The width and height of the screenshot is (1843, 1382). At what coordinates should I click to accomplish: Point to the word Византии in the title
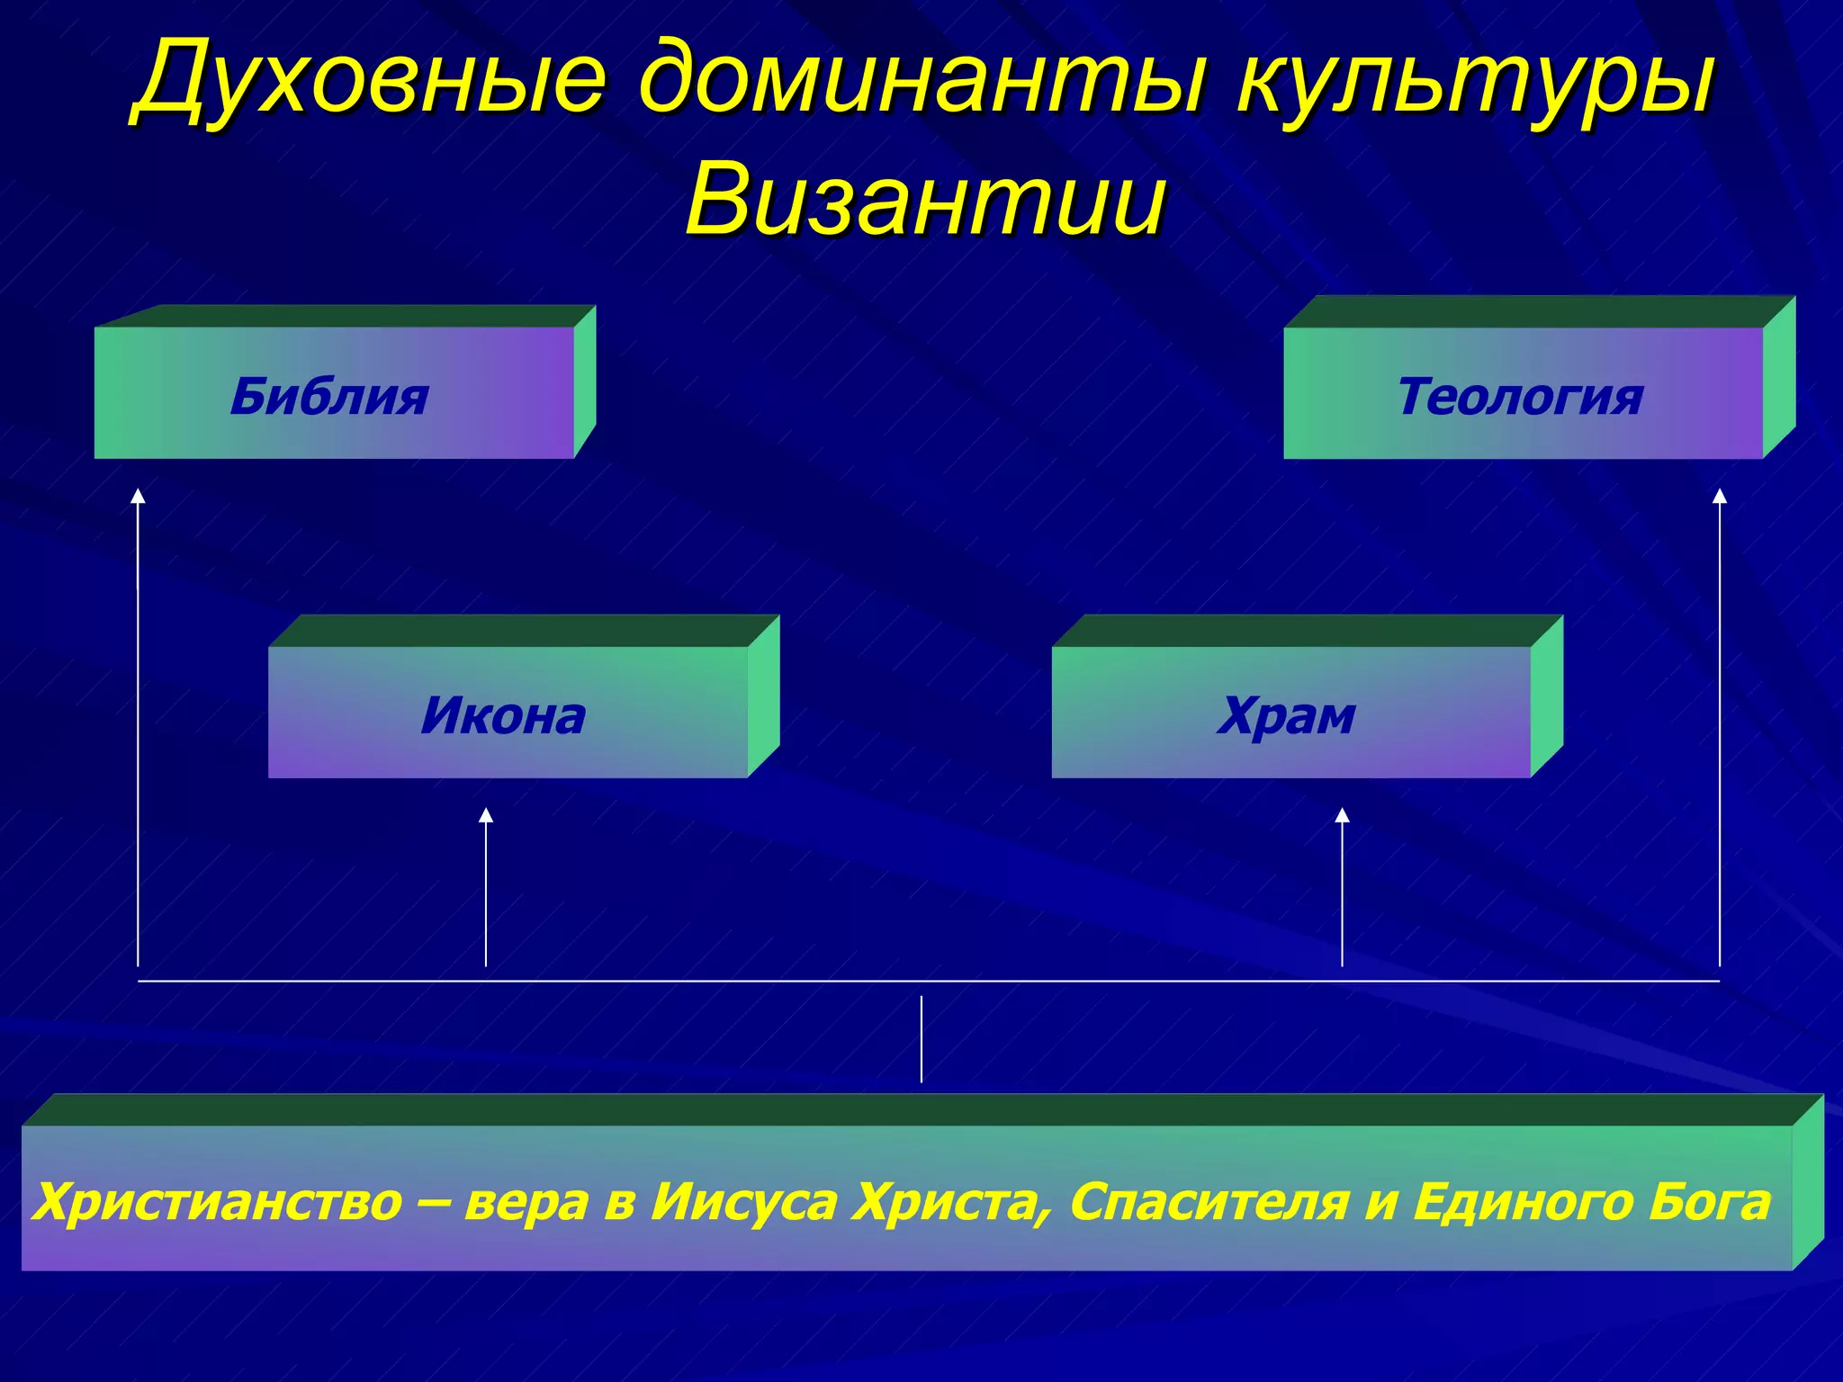click(925, 200)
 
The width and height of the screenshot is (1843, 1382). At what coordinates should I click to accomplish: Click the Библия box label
click(329, 397)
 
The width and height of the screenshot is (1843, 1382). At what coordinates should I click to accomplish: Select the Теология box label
click(1519, 397)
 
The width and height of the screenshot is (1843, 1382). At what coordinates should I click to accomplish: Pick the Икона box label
click(503, 716)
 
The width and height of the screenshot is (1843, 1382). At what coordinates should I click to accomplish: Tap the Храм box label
click(1286, 716)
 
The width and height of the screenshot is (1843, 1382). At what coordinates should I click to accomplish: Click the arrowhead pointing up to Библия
click(138, 496)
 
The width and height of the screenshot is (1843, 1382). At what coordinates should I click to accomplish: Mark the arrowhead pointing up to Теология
click(1720, 496)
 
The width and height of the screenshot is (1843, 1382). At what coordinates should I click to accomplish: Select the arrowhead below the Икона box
click(486, 815)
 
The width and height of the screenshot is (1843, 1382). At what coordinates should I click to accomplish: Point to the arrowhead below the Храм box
click(1342, 815)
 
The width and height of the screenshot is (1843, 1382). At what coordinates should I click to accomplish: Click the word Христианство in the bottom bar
click(219, 1203)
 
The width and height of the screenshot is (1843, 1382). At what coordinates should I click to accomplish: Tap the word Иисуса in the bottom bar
click(743, 1203)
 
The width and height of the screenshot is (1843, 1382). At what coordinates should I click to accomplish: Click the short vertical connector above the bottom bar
click(921, 1039)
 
